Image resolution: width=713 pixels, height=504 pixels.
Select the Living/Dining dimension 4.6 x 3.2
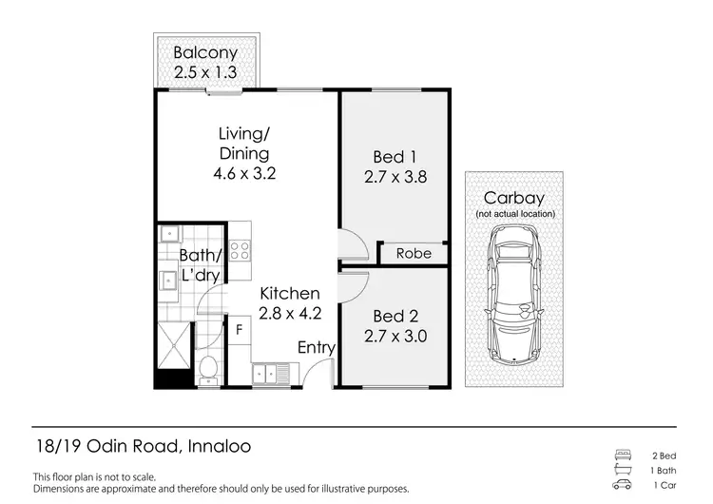[x=243, y=174]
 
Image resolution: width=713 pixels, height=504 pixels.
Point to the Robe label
[x=414, y=253]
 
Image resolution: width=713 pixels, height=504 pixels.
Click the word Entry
[x=316, y=348]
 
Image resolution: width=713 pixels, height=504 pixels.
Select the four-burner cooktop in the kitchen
[x=240, y=251]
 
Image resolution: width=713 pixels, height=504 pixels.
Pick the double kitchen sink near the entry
[x=274, y=375]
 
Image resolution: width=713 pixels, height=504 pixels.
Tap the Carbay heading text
[x=513, y=198]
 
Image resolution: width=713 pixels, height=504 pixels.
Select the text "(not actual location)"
[x=513, y=216]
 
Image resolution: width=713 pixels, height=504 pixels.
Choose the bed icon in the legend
[x=624, y=455]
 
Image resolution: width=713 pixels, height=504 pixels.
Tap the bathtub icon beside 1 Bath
[x=624, y=471]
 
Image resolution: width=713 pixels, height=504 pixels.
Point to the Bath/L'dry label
[x=201, y=264]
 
